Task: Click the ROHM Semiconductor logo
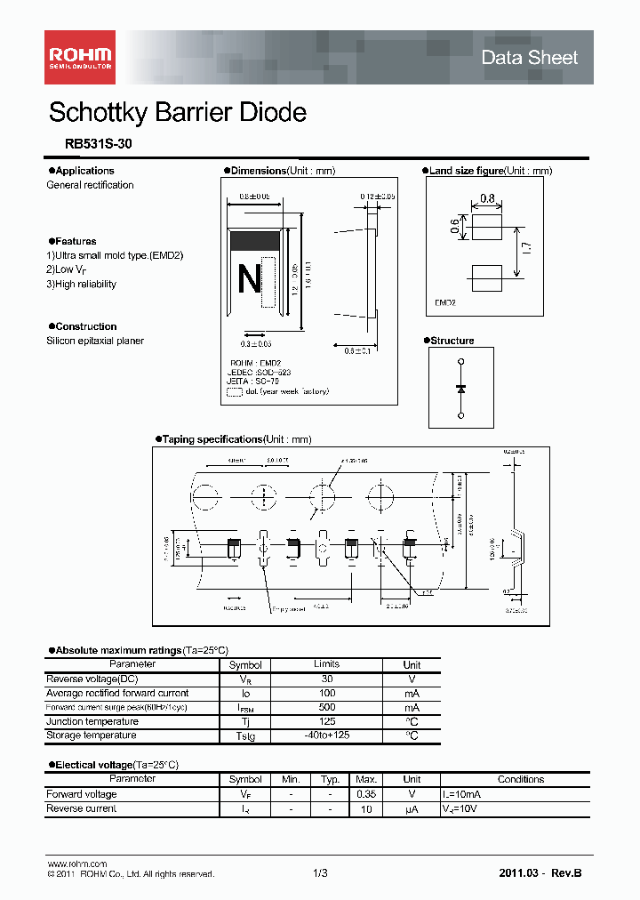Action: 80,57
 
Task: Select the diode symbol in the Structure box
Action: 460,389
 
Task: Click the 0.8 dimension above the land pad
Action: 487,198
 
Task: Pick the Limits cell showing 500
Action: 326,707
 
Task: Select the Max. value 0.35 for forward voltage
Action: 365,794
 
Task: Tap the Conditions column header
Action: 520,779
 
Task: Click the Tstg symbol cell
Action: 245,736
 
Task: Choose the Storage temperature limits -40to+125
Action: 326,735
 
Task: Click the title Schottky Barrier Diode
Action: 178,113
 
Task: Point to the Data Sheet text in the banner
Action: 529,58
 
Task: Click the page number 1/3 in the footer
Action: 320,873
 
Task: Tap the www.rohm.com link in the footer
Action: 76,864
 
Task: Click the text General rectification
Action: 90,185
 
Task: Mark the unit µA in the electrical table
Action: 412,809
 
